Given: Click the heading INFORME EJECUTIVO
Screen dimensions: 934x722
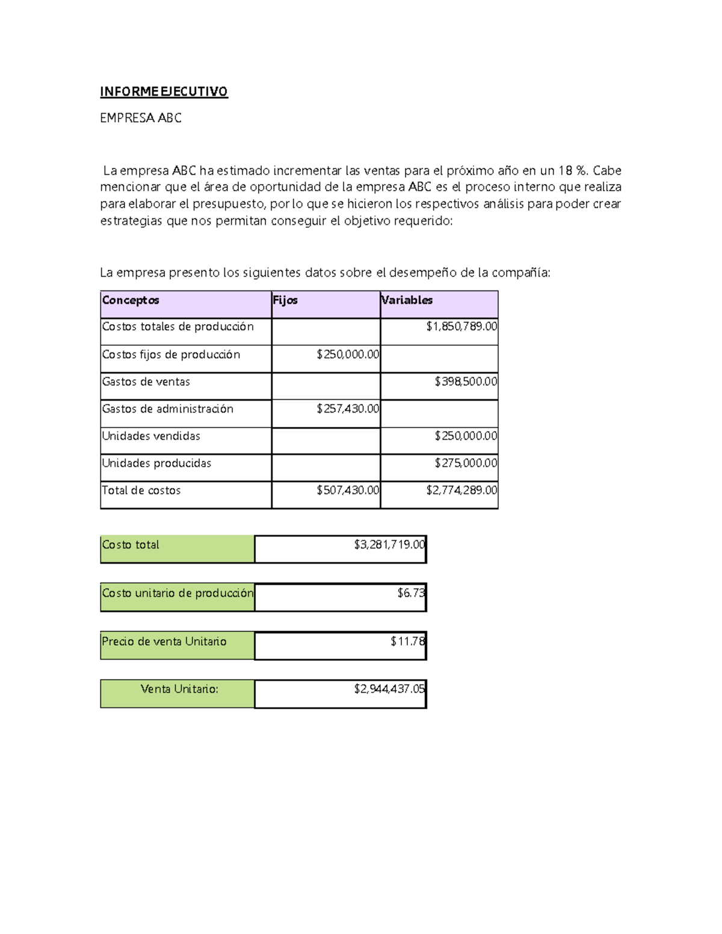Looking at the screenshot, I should [164, 91].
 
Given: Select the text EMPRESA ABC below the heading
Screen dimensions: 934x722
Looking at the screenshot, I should [141, 118].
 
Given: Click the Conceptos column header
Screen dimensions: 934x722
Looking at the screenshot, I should [131, 300].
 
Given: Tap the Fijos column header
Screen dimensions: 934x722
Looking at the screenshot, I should [285, 300].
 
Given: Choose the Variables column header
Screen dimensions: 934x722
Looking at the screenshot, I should [407, 300].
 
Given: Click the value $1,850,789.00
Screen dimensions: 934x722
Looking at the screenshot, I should [461, 327].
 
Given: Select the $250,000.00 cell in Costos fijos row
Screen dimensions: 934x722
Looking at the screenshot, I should [348, 355].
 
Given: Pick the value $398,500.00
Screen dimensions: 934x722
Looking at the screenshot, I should [466, 382].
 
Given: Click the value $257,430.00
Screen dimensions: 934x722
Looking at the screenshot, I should [348, 409].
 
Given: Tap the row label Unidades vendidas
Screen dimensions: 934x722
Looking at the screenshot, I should [151, 436].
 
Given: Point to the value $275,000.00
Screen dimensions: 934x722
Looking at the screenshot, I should [466, 463].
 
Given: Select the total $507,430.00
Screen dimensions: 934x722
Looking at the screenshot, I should [348, 490].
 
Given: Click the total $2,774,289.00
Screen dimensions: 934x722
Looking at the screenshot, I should [461, 490].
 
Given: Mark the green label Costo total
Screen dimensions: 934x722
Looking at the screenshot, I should [131, 545].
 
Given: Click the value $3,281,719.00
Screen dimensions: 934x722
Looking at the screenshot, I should [389, 545].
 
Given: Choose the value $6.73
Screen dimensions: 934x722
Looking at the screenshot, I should [411, 593].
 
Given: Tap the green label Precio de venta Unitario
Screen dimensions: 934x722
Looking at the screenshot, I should [164, 642].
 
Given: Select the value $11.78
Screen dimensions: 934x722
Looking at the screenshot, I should [408, 642].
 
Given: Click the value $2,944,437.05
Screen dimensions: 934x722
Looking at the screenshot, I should [389, 689].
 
